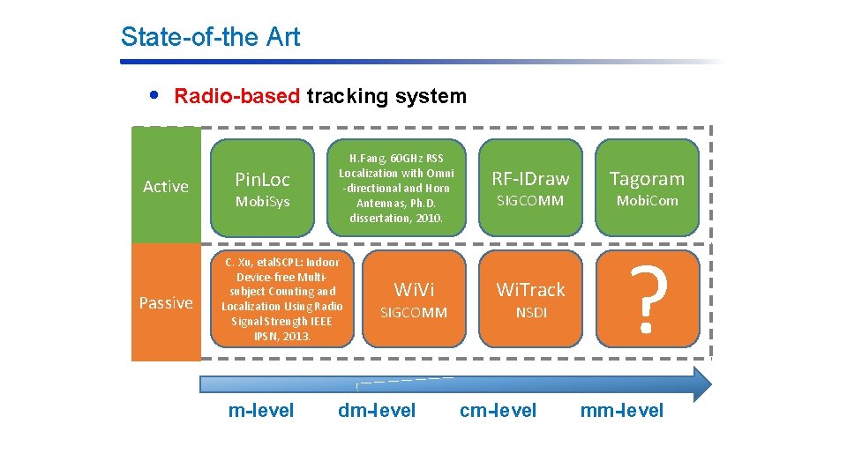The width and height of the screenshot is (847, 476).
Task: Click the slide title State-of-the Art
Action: [x=210, y=37]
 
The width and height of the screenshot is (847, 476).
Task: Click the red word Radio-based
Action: [x=236, y=96]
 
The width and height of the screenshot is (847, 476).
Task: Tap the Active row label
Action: [x=166, y=186]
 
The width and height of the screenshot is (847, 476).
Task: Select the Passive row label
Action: [x=166, y=302]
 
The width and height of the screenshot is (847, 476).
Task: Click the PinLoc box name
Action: [x=262, y=180]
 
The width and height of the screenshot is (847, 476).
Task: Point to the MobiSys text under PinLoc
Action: [x=262, y=202]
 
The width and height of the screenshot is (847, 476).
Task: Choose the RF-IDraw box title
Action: [x=530, y=179]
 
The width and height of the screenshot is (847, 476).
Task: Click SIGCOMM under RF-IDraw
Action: [x=530, y=201]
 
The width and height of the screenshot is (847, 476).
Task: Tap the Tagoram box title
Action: [x=648, y=179]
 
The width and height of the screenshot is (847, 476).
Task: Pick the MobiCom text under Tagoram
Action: [x=648, y=201]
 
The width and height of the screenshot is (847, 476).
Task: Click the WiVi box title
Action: [x=413, y=289]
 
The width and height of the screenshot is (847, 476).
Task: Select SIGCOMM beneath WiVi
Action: [x=413, y=312]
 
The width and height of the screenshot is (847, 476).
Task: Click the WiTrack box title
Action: [x=530, y=289]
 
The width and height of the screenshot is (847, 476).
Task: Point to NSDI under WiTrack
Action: [x=530, y=312]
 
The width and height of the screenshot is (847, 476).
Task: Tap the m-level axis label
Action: [x=261, y=410]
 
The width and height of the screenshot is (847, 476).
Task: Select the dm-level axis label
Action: [x=377, y=410]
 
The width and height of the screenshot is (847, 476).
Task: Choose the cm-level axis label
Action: [x=498, y=410]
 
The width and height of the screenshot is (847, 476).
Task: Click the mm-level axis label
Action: [x=622, y=410]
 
